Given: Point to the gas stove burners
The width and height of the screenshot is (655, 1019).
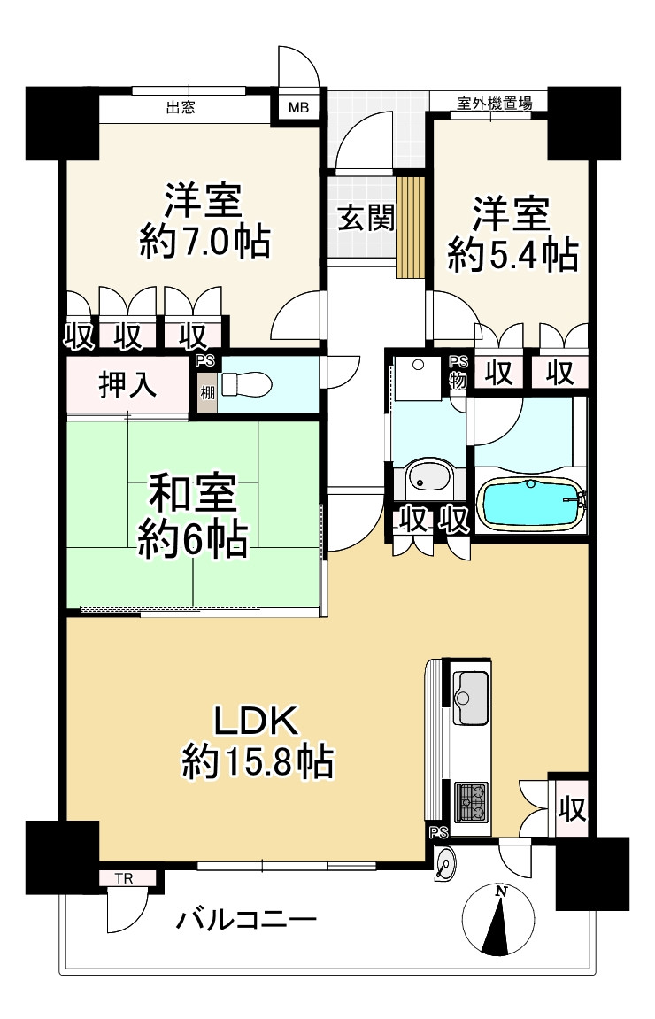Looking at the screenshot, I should click(470, 802).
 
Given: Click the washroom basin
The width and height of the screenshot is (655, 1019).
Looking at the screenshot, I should click(428, 479).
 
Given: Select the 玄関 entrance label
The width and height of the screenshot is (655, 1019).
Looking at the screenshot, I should click(365, 218).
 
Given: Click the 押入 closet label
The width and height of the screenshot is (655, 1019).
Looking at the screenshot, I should click(128, 385).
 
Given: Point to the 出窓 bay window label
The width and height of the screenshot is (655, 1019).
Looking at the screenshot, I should click(181, 109).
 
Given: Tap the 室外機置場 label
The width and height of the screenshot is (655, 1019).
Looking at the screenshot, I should click(495, 103).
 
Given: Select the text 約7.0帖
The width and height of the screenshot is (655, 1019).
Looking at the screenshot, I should click(204, 242).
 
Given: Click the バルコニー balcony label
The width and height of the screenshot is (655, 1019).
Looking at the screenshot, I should click(245, 920).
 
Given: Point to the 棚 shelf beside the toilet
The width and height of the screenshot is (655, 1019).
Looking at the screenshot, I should click(206, 391).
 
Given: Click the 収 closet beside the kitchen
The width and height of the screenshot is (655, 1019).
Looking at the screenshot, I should click(571, 808).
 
